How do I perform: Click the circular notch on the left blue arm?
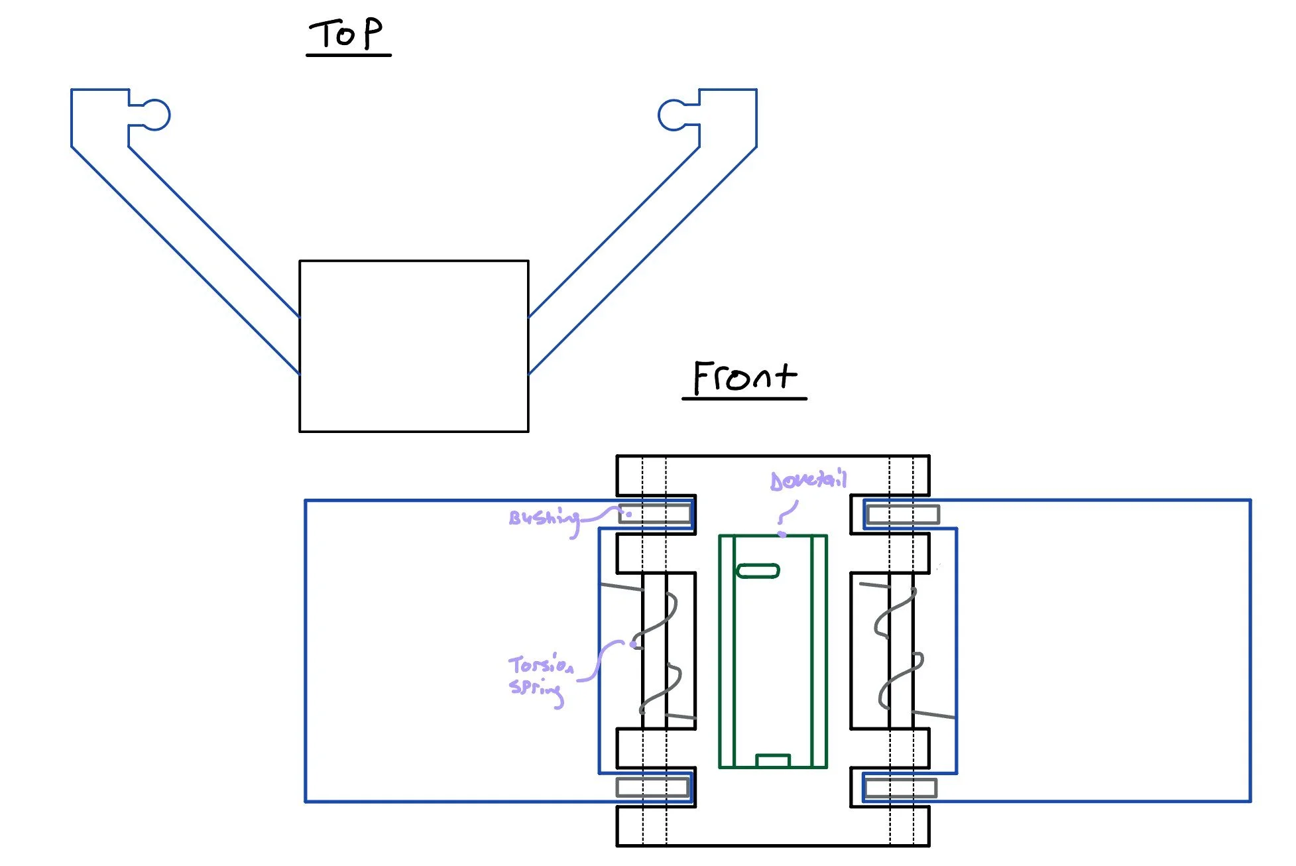(x=156, y=115)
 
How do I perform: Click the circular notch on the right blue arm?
(x=672, y=115)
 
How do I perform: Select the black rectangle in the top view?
(x=414, y=346)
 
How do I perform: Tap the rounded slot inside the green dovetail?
(x=758, y=571)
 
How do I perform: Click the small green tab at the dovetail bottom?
(x=773, y=761)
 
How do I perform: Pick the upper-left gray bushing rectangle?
(x=654, y=514)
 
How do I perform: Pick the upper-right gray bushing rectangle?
(x=903, y=515)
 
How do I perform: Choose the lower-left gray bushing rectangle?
(x=652, y=787)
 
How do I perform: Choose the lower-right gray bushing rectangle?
(x=901, y=788)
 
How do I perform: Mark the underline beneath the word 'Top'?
(x=349, y=55)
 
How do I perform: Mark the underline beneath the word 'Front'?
(x=744, y=399)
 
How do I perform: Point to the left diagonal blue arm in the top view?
(x=186, y=232)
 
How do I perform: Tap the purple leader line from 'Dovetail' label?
(x=788, y=514)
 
